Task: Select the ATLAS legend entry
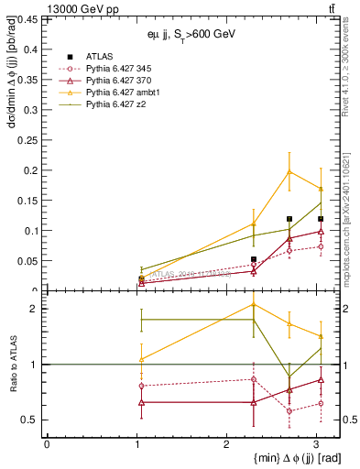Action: [96, 57]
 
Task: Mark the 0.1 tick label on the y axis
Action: [30, 231]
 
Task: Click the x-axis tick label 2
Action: [226, 443]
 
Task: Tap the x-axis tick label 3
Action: [316, 443]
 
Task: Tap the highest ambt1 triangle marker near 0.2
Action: [289, 171]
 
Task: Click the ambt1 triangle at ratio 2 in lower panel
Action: [254, 304]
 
